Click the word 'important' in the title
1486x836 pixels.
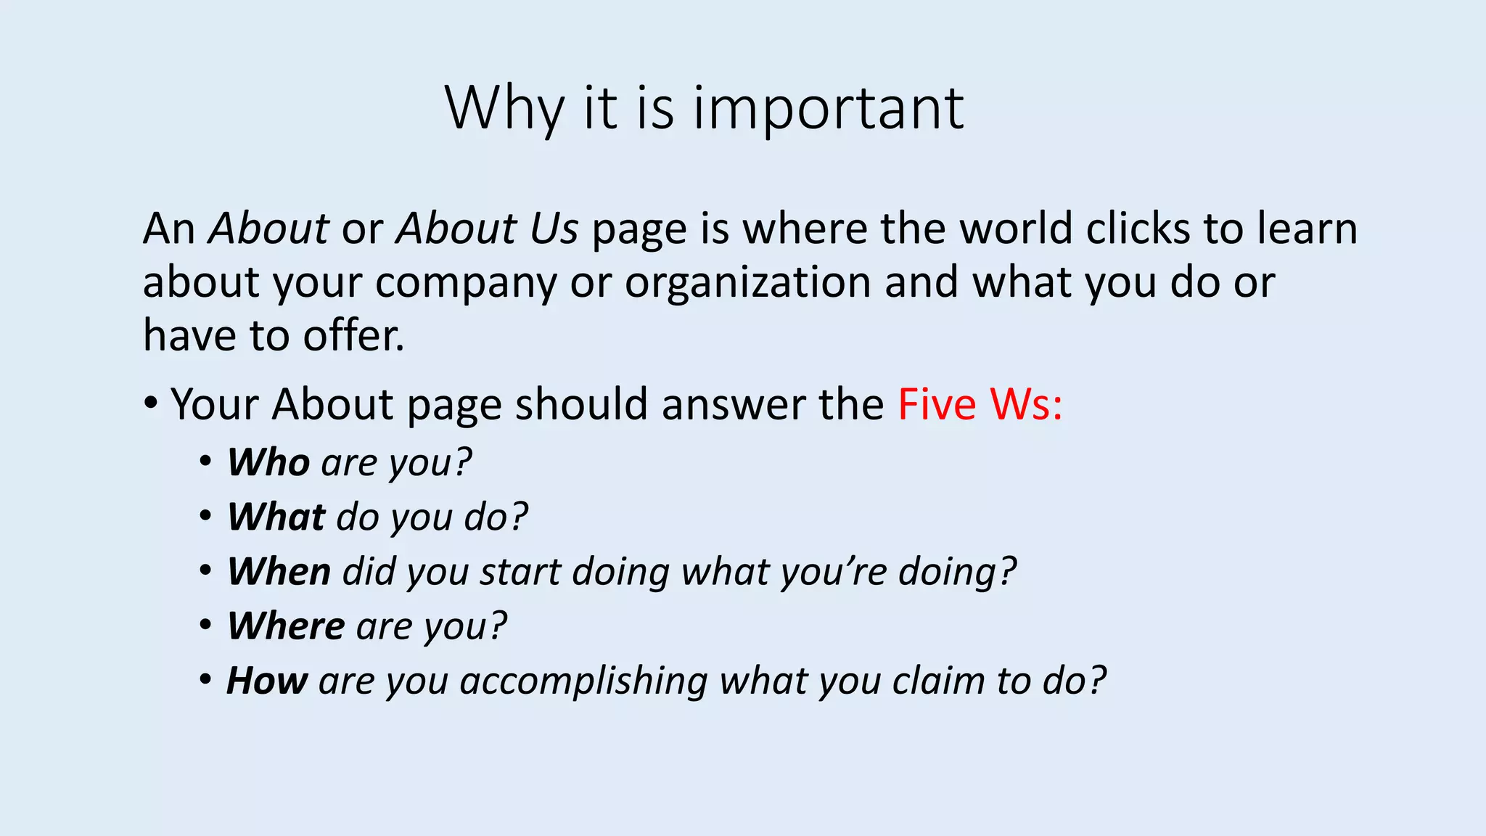[x=829, y=109]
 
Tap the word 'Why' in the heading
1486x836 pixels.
[x=504, y=109]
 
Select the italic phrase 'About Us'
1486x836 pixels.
[x=487, y=229]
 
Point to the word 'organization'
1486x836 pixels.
[x=747, y=282]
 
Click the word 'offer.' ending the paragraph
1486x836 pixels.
[x=353, y=336]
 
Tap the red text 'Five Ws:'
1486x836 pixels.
[x=980, y=404]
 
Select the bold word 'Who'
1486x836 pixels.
[x=268, y=462]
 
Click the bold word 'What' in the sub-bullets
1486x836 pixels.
[x=276, y=517]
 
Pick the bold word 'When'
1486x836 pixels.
[x=279, y=571]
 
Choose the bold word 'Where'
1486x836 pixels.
[x=286, y=626]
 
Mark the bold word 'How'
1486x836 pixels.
[x=267, y=681]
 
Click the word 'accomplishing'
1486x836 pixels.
[x=583, y=681]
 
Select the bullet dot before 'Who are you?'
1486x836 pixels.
[x=206, y=462]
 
